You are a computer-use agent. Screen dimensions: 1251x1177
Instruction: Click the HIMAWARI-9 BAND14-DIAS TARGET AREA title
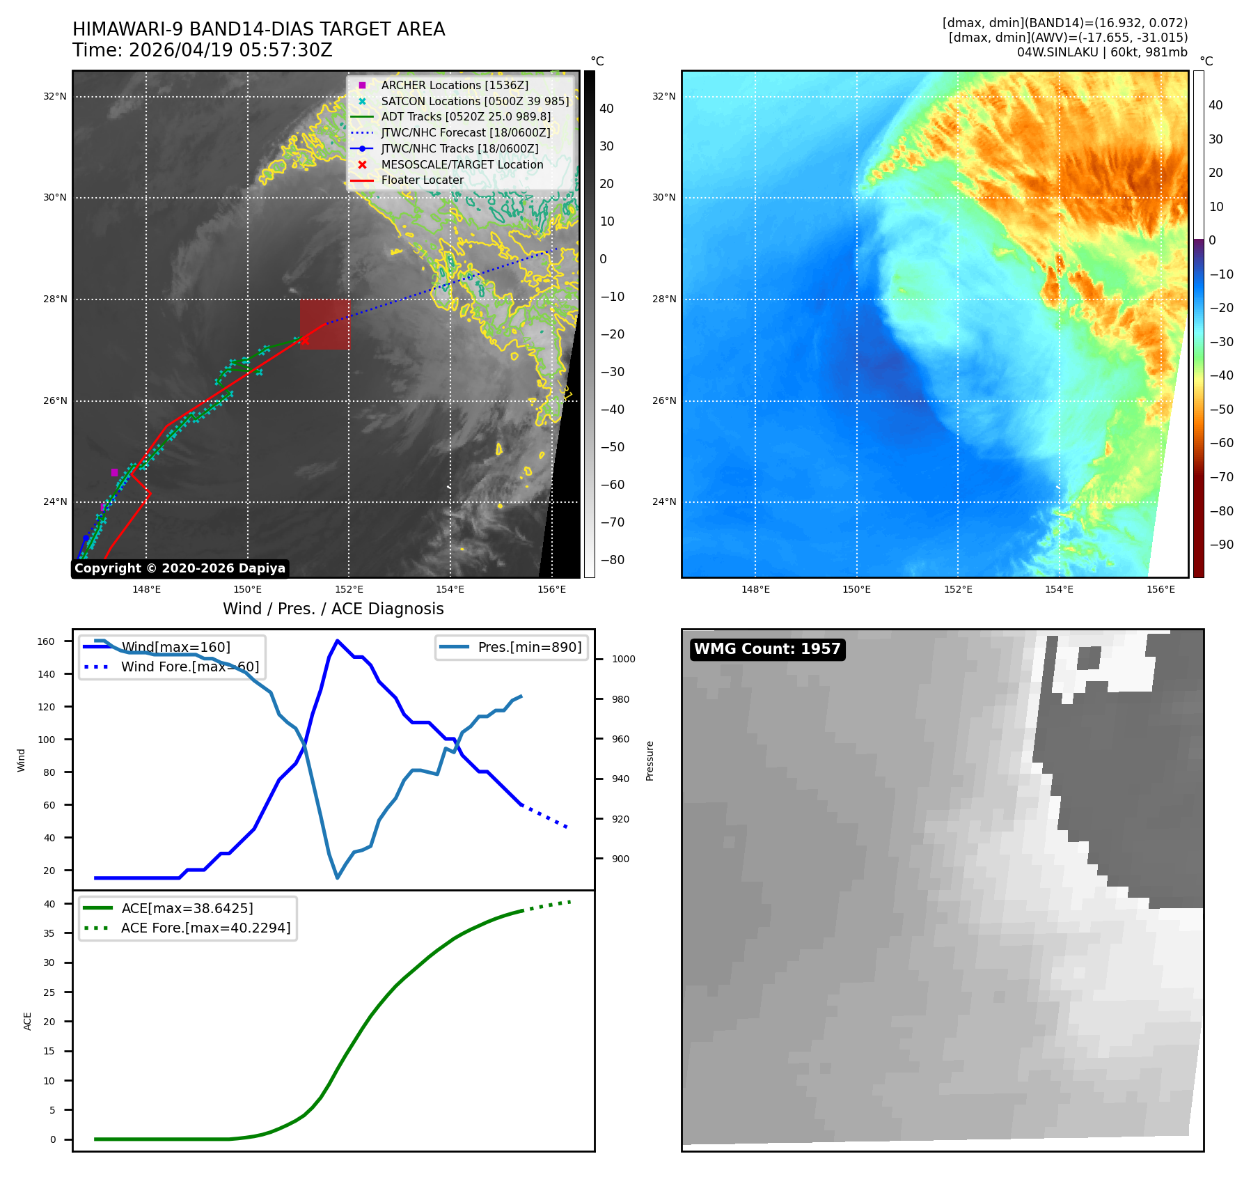(258, 29)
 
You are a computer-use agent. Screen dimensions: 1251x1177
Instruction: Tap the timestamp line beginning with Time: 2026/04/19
(203, 50)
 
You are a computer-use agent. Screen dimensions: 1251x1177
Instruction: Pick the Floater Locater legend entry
(407, 180)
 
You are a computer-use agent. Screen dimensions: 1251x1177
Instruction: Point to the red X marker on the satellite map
(304, 340)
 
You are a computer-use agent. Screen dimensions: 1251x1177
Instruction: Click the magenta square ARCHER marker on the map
(114, 472)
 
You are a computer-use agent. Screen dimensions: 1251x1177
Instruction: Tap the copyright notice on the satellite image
(180, 568)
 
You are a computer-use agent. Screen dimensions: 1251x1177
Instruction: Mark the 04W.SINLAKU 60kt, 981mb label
(1102, 52)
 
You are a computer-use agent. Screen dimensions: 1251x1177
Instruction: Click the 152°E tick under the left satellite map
(349, 589)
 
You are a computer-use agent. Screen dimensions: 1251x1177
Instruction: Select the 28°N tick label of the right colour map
(663, 299)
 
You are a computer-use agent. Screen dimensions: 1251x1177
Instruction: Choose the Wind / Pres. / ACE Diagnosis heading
(333, 609)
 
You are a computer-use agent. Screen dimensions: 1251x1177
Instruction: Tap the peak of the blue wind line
(337, 641)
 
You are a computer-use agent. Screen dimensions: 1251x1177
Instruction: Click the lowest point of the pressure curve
(338, 878)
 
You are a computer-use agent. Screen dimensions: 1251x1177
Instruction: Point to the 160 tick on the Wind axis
(46, 641)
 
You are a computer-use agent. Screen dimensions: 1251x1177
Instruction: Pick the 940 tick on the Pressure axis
(620, 779)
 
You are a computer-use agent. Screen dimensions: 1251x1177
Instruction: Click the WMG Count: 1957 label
(767, 649)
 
